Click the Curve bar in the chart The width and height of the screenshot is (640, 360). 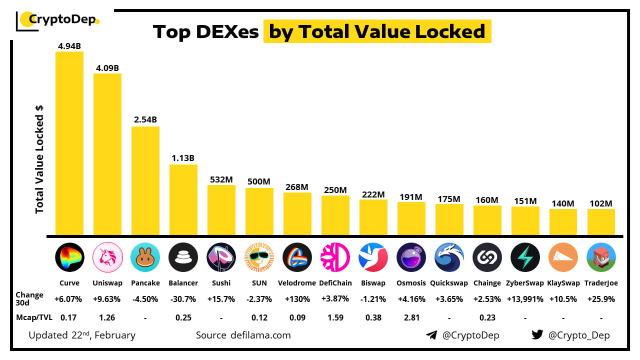[x=69, y=143]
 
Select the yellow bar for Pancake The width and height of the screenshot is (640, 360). [x=145, y=180]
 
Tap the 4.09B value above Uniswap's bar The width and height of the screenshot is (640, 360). [x=107, y=68]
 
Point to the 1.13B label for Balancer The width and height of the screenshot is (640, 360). [x=183, y=158]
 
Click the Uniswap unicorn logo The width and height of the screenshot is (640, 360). [x=107, y=257]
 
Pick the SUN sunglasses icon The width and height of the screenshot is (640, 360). [x=259, y=257]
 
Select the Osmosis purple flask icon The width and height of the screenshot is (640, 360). [x=411, y=257]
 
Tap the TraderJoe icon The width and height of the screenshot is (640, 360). [x=601, y=257]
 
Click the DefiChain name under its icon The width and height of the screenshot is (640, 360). [x=335, y=283]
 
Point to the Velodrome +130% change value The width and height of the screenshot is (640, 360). [x=297, y=299]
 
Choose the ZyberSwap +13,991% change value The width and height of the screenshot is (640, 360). [x=525, y=299]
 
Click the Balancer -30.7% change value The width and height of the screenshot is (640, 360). [x=183, y=299]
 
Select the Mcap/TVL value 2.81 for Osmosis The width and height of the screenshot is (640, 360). [x=411, y=317]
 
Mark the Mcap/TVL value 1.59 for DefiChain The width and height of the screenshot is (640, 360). [x=335, y=317]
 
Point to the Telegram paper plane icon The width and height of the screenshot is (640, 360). [x=431, y=335]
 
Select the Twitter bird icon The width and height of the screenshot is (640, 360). [x=537, y=334]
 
